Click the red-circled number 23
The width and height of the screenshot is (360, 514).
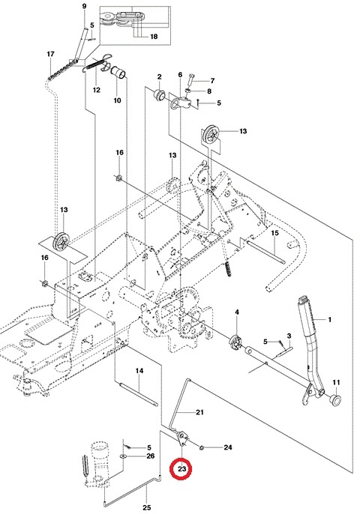click(181, 471)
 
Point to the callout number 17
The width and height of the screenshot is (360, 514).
click(50, 55)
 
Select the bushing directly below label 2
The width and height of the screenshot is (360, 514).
click(159, 96)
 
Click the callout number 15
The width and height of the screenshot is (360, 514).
click(274, 233)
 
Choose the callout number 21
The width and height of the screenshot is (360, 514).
click(199, 412)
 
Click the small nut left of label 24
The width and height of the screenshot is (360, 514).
click(203, 447)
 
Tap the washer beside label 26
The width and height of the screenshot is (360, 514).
click(123, 456)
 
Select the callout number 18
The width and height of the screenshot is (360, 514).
click(154, 37)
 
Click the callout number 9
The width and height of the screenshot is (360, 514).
click(84, 7)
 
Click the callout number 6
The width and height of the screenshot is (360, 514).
click(181, 76)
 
